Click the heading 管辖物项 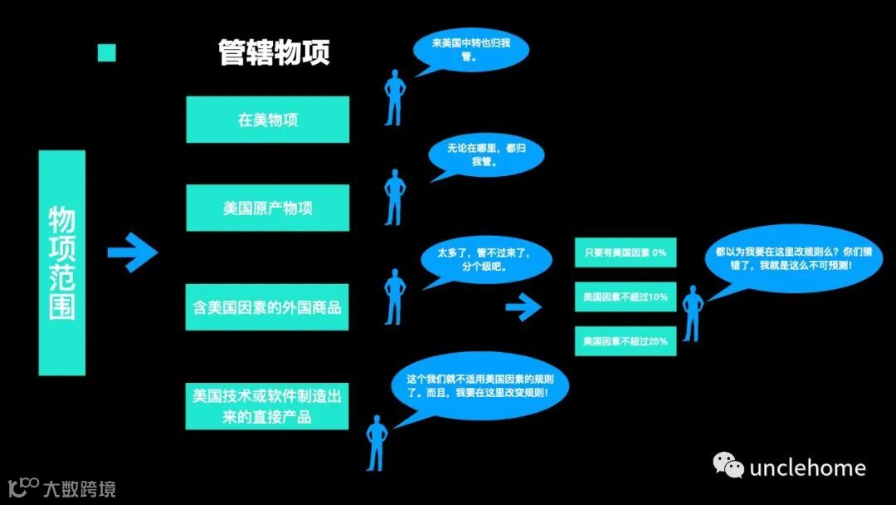pyautogui.click(x=274, y=52)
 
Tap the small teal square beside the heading pyautogui.click(x=107, y=53)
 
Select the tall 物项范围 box pyautogui.click(x=62, y=262)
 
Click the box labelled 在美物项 pyautogui.click(x=267, y=120)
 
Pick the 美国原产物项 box pyautogui.click(x=267, y=208)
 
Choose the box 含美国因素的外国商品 pyautogui.click(x=267, y=306)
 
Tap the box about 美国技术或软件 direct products pyautogui.click(x=267, y=405)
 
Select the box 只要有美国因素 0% pyautogui.click(x=626, y=252)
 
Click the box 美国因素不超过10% pyautogui.click(x=626, y=297)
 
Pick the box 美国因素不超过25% pyautogui.click(x=626, y=341)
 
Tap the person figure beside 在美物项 pyautogui.click(x=395, y=96)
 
